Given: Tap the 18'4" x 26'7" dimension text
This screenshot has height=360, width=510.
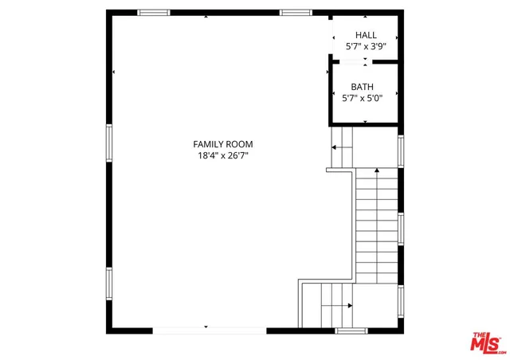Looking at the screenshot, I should pyautogui.click(x=223, y=156).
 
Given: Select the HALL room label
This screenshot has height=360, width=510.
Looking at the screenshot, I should pyautogui.click(x=366, y=35).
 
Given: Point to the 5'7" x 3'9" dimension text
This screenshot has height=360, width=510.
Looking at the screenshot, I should pyautogui.click(x=366, y=47).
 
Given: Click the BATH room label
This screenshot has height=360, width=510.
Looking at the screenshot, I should pyautogui.click(x=363, y=86).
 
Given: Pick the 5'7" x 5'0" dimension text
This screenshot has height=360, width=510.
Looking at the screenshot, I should pyautogui.click(x=363, y=98).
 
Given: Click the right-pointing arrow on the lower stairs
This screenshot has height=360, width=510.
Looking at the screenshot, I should pyautogui.click(x=349, y=305).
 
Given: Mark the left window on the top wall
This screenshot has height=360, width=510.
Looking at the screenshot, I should pyautogui.click(x=154, y=13).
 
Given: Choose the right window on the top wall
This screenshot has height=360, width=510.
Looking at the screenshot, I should pyautogui.click(x=295, y=13).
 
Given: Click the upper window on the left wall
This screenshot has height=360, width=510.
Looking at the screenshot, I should pyautogui.click(x=109, y=143).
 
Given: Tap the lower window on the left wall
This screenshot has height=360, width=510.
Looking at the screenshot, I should pyautogui.click(x=109, y=283).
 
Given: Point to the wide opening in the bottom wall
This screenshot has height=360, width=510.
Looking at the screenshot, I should pyautogui.click(x=209, y=329).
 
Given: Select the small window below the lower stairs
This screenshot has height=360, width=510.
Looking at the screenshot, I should pyautogui.click(x=351, y=330).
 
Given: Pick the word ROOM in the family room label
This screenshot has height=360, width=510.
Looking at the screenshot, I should pyautogui.click(x=239, y=144).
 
